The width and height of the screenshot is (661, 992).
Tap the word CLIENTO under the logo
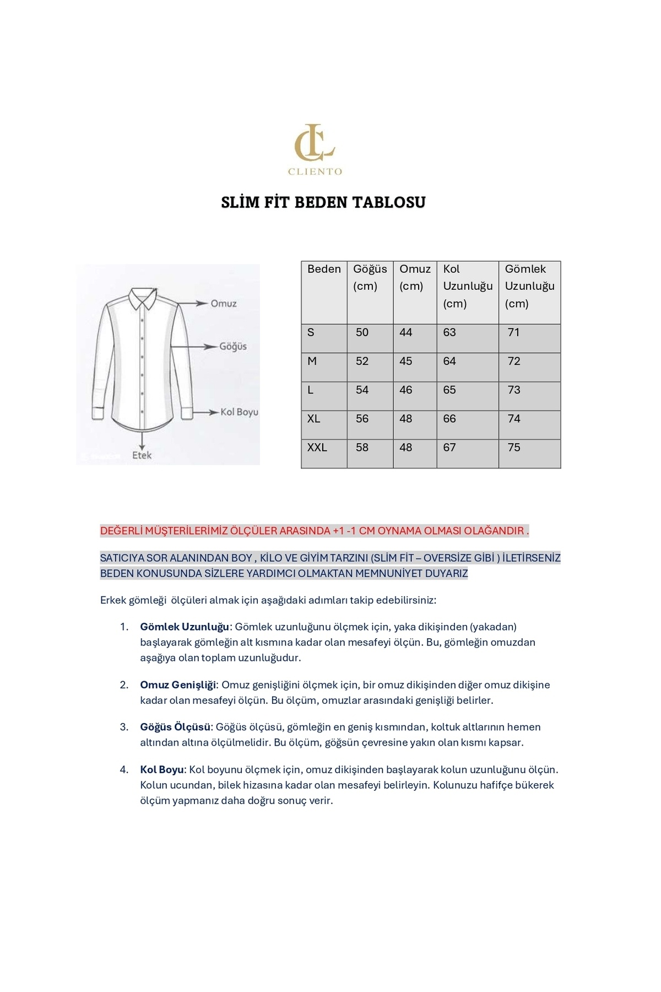click(315, 171)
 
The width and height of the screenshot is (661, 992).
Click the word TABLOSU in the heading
click(389, 202)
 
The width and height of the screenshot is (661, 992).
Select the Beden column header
click(324, 269)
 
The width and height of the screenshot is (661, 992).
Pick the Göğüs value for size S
click(362, 332)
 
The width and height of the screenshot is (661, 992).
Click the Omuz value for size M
click(406, 361)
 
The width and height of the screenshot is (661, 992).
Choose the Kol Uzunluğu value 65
click(449, 390)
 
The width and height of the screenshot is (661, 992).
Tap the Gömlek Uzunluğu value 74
click(514, 418)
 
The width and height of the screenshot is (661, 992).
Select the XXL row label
click(317, 448)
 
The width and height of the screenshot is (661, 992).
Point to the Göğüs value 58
click(362, 448)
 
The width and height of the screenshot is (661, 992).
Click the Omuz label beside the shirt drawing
click(224, 304)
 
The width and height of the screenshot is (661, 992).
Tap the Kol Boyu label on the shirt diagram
click(239, 412)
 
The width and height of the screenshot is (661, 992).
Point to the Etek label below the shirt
click(142, 455)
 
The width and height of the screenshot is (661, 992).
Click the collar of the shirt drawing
click(142, 297)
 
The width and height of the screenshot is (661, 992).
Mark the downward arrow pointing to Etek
click(143, 441)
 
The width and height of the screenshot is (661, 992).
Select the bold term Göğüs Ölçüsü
click(175, 727)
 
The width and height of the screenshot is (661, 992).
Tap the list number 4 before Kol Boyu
click(124, 769)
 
